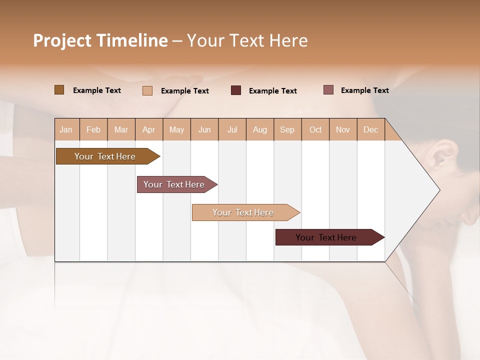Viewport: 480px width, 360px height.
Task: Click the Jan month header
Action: click(x=66, y=129)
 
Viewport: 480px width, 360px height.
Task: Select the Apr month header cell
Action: click(x=149, y=129)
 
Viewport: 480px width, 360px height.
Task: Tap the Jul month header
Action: click(x=232, y=129)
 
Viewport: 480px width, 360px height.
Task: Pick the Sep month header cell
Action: click(x=287, y=129)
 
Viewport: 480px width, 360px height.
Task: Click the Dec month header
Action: click(x=370, y=129)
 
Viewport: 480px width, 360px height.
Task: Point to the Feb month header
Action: click(x=93, y=129)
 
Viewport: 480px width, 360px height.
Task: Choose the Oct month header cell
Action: click(x=315, y=129)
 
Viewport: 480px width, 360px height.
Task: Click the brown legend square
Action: click(x=59, y=90)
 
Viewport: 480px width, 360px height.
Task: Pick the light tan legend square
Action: click(x=147, y=90)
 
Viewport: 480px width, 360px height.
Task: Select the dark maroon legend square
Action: click(x=236, y=90)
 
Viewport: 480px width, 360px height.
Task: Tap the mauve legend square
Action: click(x=328, y=90)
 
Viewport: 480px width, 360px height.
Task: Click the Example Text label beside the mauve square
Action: click(x=364, y=90)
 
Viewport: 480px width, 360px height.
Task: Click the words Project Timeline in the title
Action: click(x=100, y=40)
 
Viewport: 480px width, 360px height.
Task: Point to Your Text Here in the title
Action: click(x=247, y=40)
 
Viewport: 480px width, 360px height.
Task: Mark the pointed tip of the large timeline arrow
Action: click(x=439, y=190)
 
